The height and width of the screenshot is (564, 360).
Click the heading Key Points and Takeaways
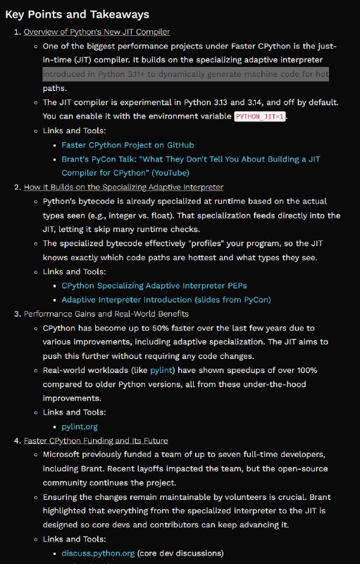pyautogui.click(x=77, y=14)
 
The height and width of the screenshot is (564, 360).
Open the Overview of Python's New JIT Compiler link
pyautogui.click(x=97, y=32)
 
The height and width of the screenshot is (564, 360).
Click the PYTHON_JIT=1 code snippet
pyautogui.click(x=260, y=116)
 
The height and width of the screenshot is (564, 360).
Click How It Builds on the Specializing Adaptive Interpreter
pyautogui.click(x=123, y=187)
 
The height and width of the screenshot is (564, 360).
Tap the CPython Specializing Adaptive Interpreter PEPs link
pyautogui.click(x=154, y=286)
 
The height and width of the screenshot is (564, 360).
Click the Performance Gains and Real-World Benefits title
pyautogui.click(x=106, y=314)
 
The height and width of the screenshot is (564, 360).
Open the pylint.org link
pyautogui.click(x=79, y=427)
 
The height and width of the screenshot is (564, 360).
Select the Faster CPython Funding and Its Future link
pyautogui.click(x=96, y=441)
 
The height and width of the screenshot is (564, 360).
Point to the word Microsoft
pyautogui.click(x=65, y=455)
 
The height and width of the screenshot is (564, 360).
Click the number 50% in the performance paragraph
pyautogui.click(x=171, y=328)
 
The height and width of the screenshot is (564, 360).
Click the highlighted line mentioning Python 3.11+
pyautogui.click(x=185, y=74)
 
